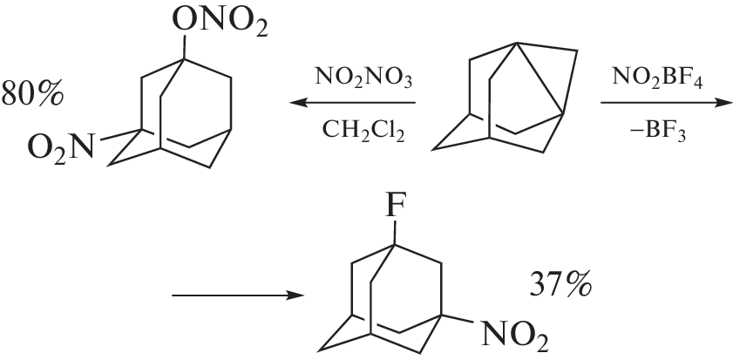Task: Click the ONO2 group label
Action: [221, 21]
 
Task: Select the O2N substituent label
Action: [61, 146]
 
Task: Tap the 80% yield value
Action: [31, 93]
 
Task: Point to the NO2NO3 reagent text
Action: [363, 77]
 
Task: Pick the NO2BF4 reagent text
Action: [657, 77]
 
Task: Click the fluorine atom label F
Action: [395, 206]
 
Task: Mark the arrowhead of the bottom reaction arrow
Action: [297, 295]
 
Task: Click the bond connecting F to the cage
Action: [394, 232]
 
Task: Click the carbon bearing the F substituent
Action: [394, 244]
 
